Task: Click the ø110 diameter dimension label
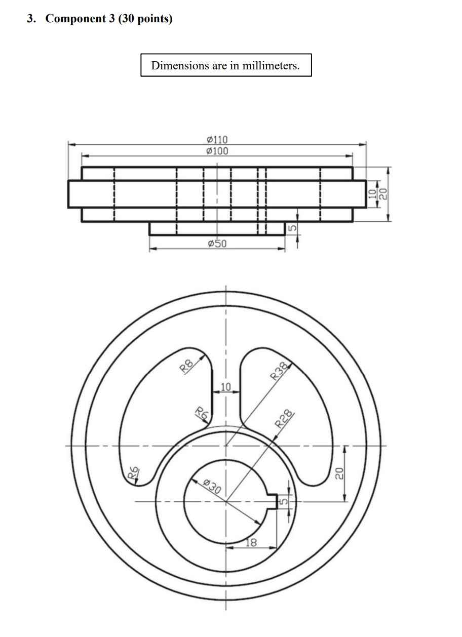pyautogui.click(x=217, y=140)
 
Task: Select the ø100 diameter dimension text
pyautogui.click(x=217, y=151)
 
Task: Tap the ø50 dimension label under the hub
pyautogui.click(x=217, y=244)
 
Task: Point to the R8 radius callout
pyautogui.click(x=187, y=366)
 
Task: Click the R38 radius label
pyautogui.click(x=280, y=372)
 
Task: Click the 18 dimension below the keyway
pyautogui.click(x=251, y=543)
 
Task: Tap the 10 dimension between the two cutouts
pyautogui.click(x=226, y=388)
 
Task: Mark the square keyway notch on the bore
pyautogui.click(x=272, y=501)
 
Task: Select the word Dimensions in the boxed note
pyautogui.click(x=180, y=65)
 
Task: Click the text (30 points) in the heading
pyautogui.click(x=145, y=19)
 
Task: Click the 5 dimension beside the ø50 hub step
pyautogui.click(x=291, y=228)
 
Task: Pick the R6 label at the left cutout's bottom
pyautogui.click(x=133, y=474)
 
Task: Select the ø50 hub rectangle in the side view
pyautogui.click(x=217, y=228)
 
